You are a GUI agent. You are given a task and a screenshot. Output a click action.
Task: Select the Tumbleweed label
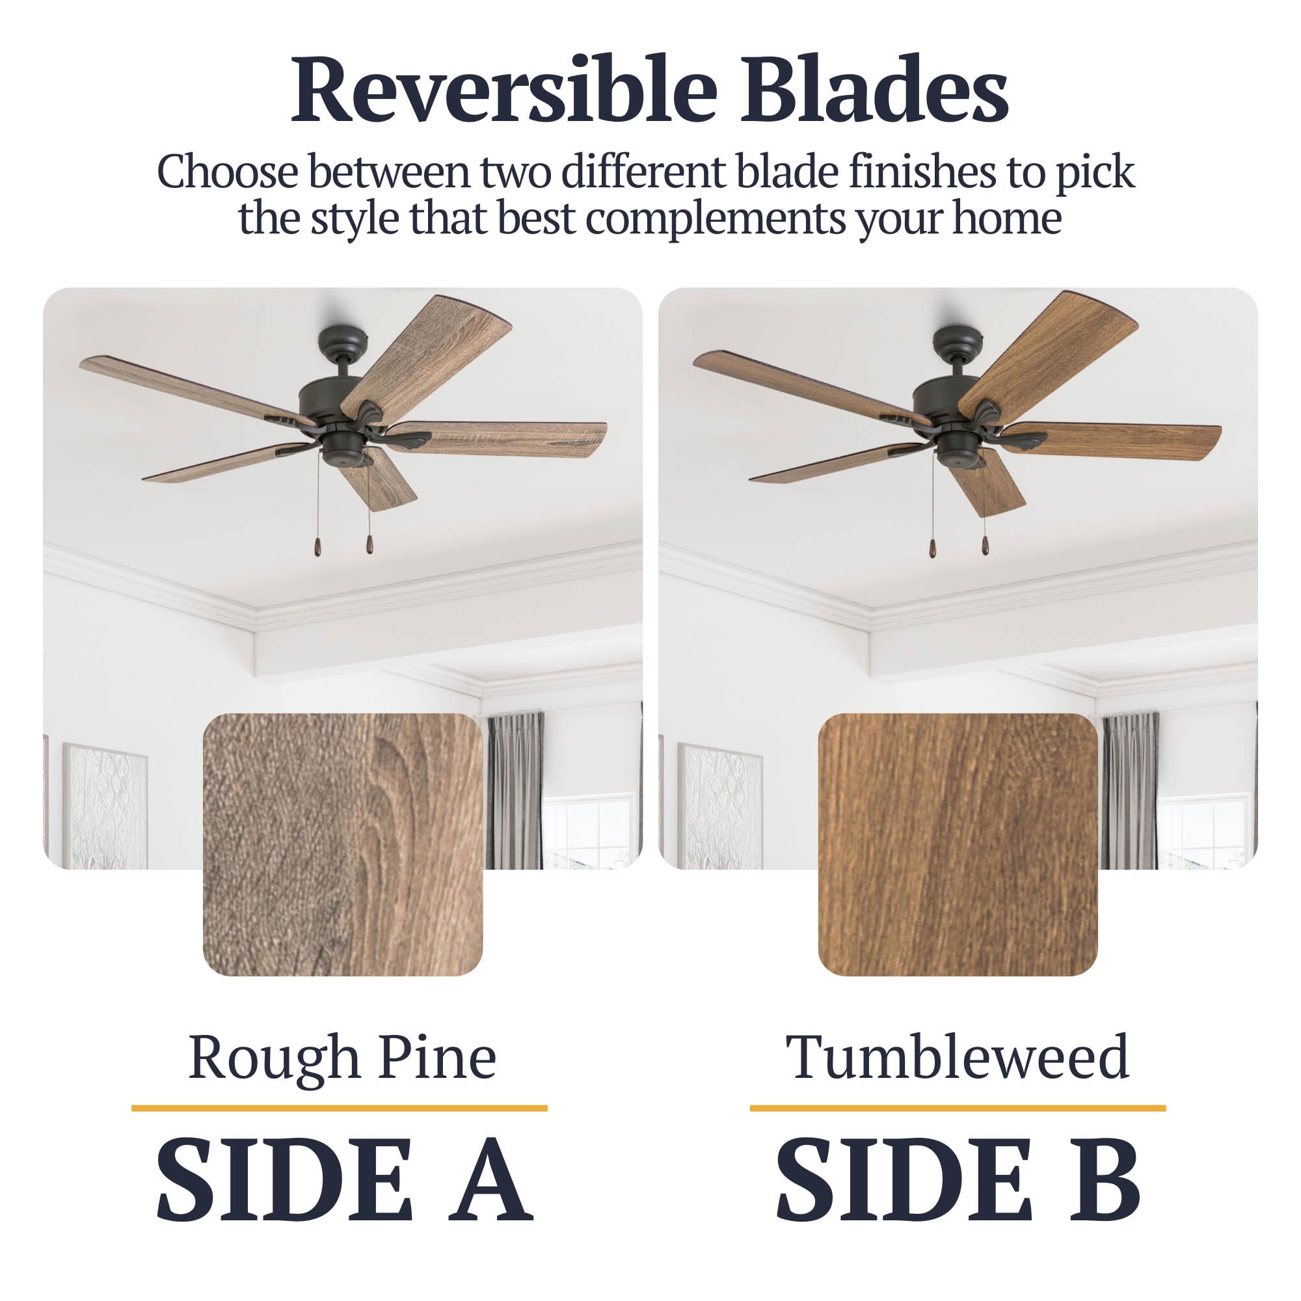[x=957, y=1057]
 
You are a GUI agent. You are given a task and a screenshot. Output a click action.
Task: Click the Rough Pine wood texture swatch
[x=343, y=844]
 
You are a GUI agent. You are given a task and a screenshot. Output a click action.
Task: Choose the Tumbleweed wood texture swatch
[x=958, y=844]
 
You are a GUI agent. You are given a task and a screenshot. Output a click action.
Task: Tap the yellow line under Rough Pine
[x=340, y=1108]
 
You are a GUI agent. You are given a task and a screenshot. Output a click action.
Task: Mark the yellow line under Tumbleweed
[x=958, y=1108]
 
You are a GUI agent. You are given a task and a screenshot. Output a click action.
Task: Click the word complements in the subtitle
[x=715, y=219]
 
